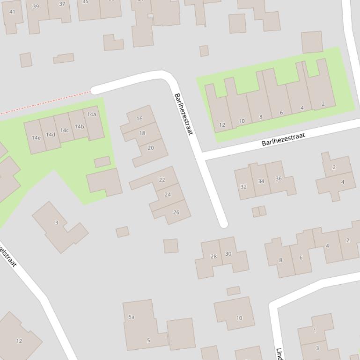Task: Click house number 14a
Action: click(x=91, y=115)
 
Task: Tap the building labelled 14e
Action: click(x=36, y=138)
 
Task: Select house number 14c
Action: click(x=64, y=130)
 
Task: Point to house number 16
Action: click(x=140, y=119)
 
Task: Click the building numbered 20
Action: click(x=150, y=148)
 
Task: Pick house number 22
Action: click(x=162, y=180)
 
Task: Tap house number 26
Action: click(x=176, y=212)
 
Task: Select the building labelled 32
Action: click(x=243, y=187)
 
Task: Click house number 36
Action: click(x=279, y=179)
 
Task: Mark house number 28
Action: click(x=213, y=256)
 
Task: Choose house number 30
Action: click(x=228, y=254)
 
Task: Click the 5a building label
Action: click(x=132, y=317)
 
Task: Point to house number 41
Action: click(x=12, y=12)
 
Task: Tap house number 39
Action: click(x=36, y=7)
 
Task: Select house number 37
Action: click(x=62, y=4)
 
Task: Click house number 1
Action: click(x=315, y=331)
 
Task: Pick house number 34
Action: click(x=261, y=181)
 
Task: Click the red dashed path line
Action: click(x=47, y=101)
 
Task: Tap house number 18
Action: click(x=142, y=133)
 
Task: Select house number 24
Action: click(x=168, y=194)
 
